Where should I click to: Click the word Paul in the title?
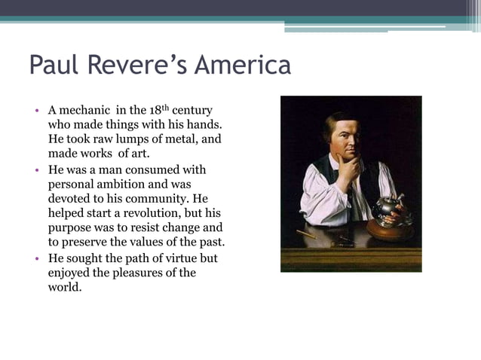[x=54, y=66]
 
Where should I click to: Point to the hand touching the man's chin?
[x=349, y=169]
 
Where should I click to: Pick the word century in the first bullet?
[x=192, y=111]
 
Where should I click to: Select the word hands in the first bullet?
[x=206, y=126]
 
